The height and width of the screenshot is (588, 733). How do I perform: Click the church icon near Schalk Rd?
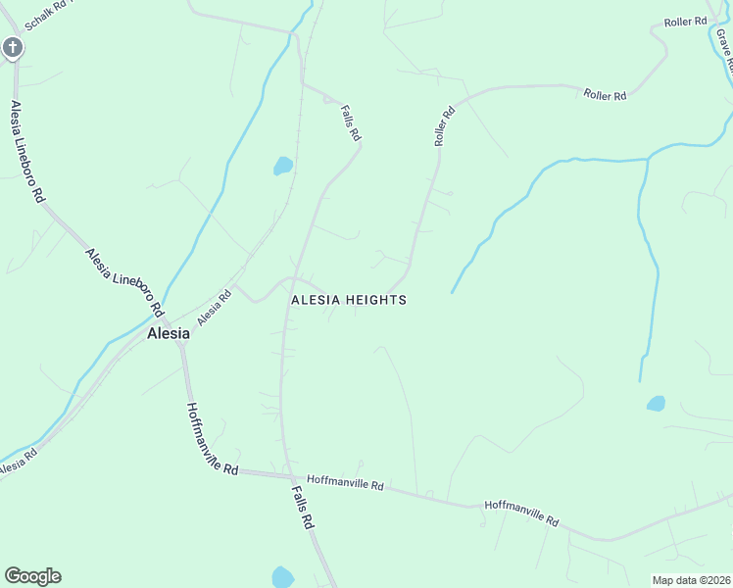[x=12, y=47]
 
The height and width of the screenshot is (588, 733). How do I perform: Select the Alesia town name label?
[x=168, y=333]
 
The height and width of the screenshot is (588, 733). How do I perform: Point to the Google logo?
[x=32, y=576]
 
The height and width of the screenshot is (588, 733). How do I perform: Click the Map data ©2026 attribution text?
[x=691, y=580]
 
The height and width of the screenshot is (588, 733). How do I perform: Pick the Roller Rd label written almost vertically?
[x=446, y=126]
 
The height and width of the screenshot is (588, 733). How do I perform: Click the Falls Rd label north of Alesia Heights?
[x=351, y=124]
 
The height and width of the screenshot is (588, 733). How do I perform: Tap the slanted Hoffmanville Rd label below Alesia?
[x=212, y=440]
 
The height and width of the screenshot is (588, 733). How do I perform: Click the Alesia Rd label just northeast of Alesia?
[x=214, y=308]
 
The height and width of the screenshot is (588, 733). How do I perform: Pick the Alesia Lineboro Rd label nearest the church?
[x=26, y=151]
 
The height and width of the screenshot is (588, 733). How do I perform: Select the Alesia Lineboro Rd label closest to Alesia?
[x=123, y=281]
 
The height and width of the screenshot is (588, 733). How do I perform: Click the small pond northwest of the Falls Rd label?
[x=283, y=166]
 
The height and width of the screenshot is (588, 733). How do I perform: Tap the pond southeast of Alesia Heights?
[x=656, y=403]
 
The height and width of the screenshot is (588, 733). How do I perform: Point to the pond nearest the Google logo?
[x=282, y=577]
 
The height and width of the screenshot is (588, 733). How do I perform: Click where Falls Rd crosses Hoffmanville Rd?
[x=288, y=475]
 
